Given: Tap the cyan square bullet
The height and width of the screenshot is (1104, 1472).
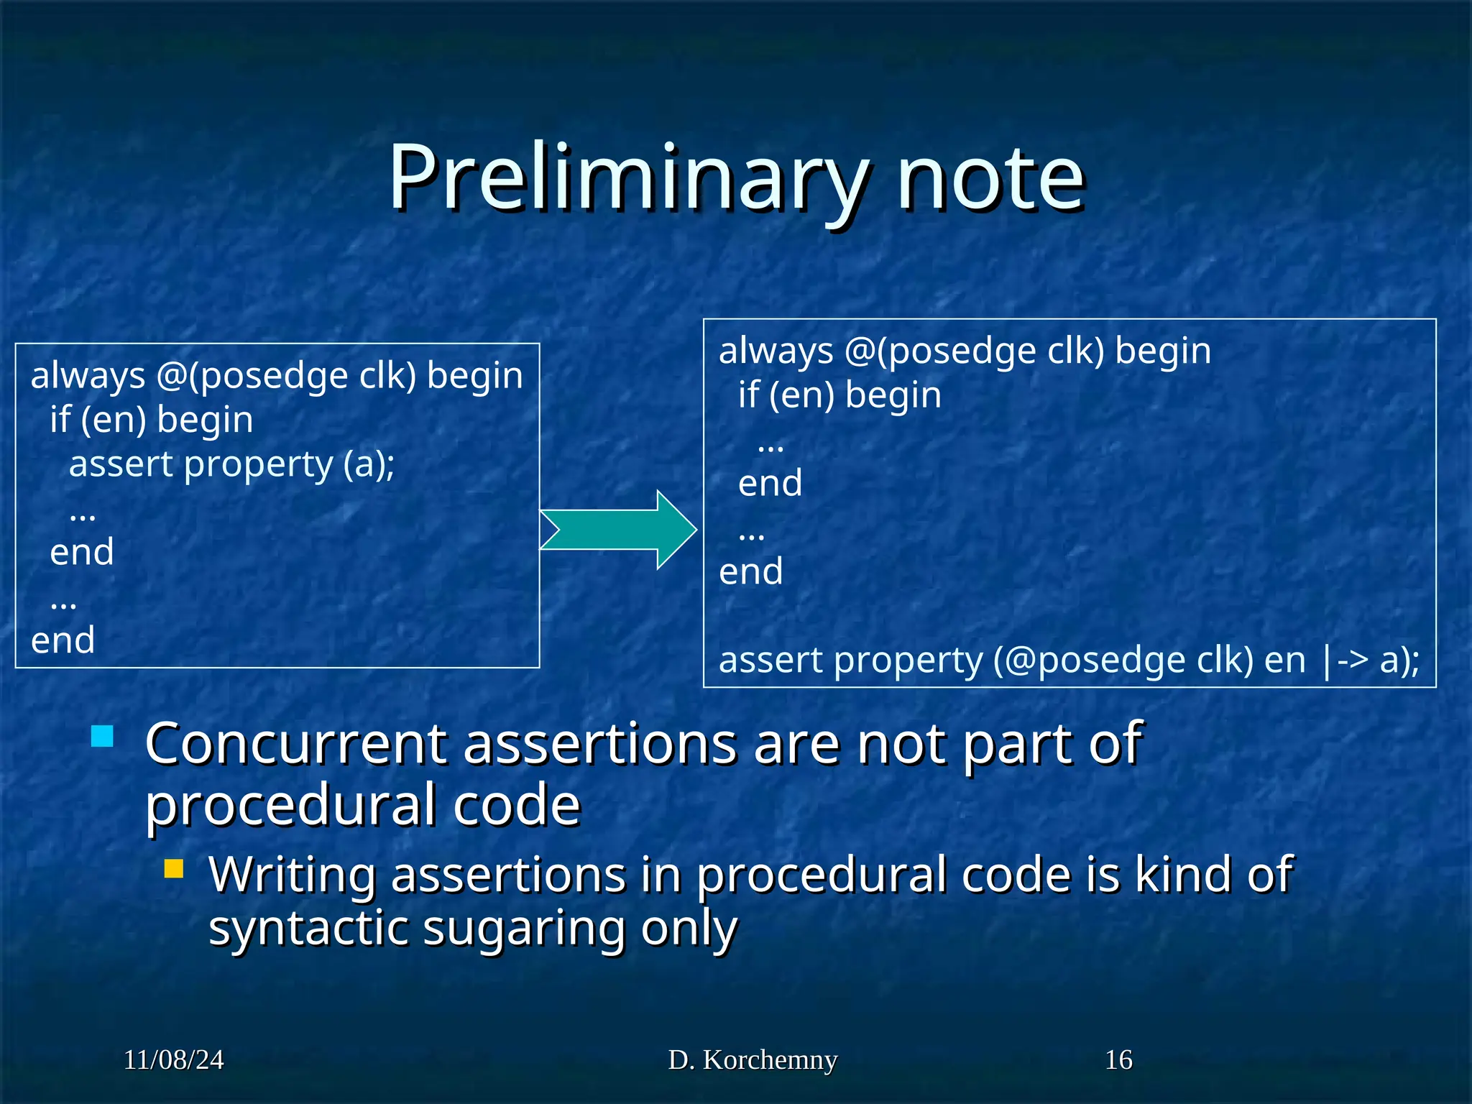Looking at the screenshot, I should pyautogui.click(x=103, y=737).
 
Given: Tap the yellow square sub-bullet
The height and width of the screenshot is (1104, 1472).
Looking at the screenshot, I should pyautogui.click(x=174, y=869).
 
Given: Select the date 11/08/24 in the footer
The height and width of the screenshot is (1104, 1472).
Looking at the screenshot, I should pyautogui.click(x=173, y=1060).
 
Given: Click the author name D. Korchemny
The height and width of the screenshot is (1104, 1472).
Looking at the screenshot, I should pyautogui.click(x=753, y=1060).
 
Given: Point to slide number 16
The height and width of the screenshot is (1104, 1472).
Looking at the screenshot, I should pyautogui.click(x=1118, y=1060).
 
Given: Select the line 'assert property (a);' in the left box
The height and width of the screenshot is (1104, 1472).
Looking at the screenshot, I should pyautogui.click(x=231, y=464).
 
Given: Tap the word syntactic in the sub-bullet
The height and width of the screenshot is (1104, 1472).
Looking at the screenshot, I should pyautogui.click(x=308, y=928).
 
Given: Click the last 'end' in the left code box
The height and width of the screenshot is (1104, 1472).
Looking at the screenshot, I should pyautogui.click(x=63, y=640).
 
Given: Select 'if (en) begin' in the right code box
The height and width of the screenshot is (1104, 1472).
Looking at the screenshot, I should pyautogui.click(x=839, y=395).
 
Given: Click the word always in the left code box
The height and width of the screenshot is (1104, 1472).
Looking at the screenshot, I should pyautogui.click(x=88, y=376).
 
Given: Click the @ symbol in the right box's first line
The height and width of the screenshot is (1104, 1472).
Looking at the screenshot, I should pyautogui.click(x=860, y=351).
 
